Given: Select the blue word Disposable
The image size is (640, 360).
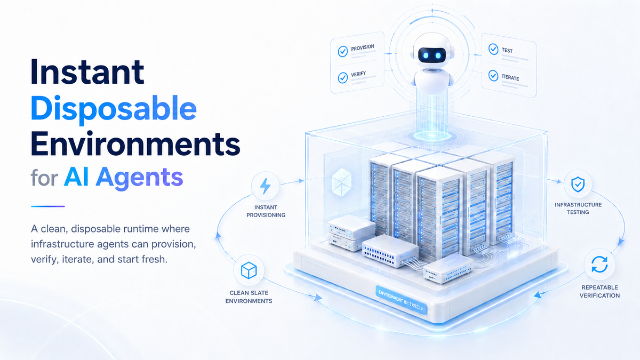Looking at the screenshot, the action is tap(114, 110).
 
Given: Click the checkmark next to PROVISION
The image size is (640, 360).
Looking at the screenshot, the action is tap(342, 51).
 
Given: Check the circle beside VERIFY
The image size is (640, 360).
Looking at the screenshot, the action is tap(342, 78).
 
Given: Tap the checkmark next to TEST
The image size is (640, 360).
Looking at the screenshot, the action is tap(493, 49).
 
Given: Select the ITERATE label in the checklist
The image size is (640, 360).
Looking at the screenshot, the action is tap(510, 78).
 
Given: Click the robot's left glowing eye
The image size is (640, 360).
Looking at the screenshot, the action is tap(426, 55).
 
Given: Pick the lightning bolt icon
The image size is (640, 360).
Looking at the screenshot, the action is tap(265, 186).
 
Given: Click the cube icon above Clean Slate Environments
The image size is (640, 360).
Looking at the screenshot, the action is tap(249, 270).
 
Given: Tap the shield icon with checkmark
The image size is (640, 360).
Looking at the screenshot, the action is tap(578, 185).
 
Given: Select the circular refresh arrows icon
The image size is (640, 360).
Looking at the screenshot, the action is tap(599, 265).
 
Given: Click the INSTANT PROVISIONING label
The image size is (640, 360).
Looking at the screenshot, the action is tap(266, 211).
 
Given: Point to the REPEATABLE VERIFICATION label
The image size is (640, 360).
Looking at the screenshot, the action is tap(599, 291).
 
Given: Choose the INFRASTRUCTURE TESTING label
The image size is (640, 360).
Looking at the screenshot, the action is tap(578, 209).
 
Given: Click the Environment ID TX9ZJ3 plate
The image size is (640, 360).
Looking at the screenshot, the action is tap(402, 300).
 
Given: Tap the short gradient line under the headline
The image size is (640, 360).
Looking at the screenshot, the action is tap(47, 206).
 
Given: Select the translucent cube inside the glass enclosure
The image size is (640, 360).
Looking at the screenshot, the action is tap(341, 182).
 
